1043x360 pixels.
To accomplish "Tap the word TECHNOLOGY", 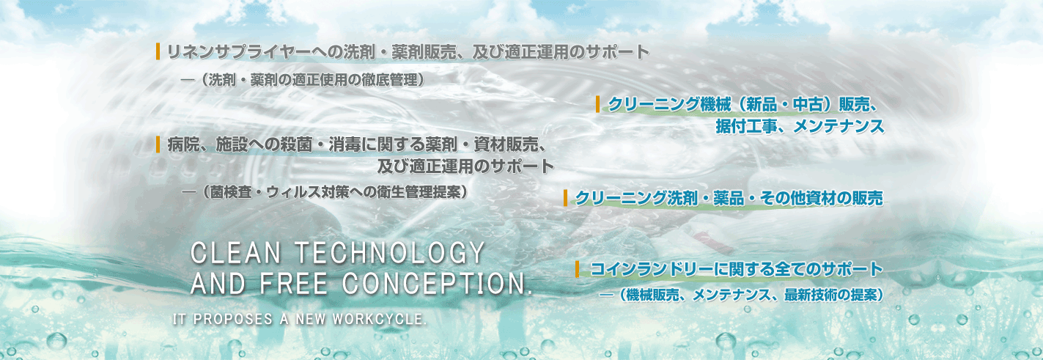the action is tap(390, 254).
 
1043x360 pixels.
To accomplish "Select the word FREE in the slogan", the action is tap(294, 283).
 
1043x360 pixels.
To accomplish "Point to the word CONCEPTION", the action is tap(438, 283).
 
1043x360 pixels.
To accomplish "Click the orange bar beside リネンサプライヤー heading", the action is tap(158, 51).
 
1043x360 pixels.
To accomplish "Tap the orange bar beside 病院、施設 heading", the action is tap(158, 144).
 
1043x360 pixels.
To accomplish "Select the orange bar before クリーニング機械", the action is tap(598, 104).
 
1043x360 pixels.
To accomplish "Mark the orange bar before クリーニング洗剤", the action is tap(565, 198).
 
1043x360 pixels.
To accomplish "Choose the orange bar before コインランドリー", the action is tap(578, 269).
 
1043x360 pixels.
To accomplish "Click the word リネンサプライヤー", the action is tap(246, 52).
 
